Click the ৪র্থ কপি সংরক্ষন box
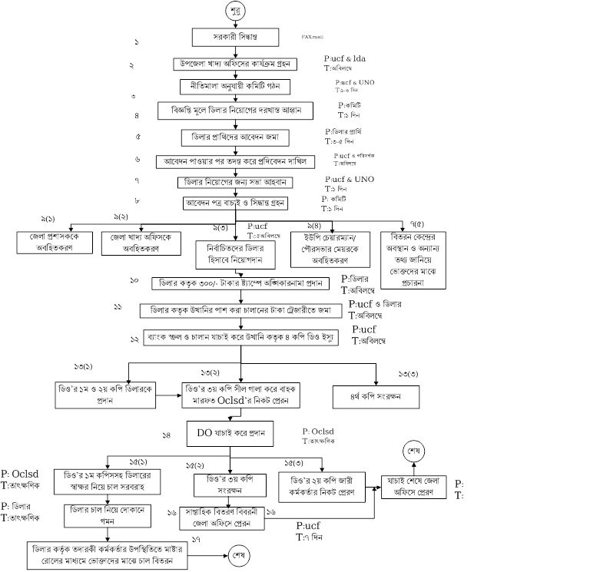pyautogui.click(x=376, y=398)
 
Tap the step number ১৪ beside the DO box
pyautogui.click(x=166, y=435)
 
